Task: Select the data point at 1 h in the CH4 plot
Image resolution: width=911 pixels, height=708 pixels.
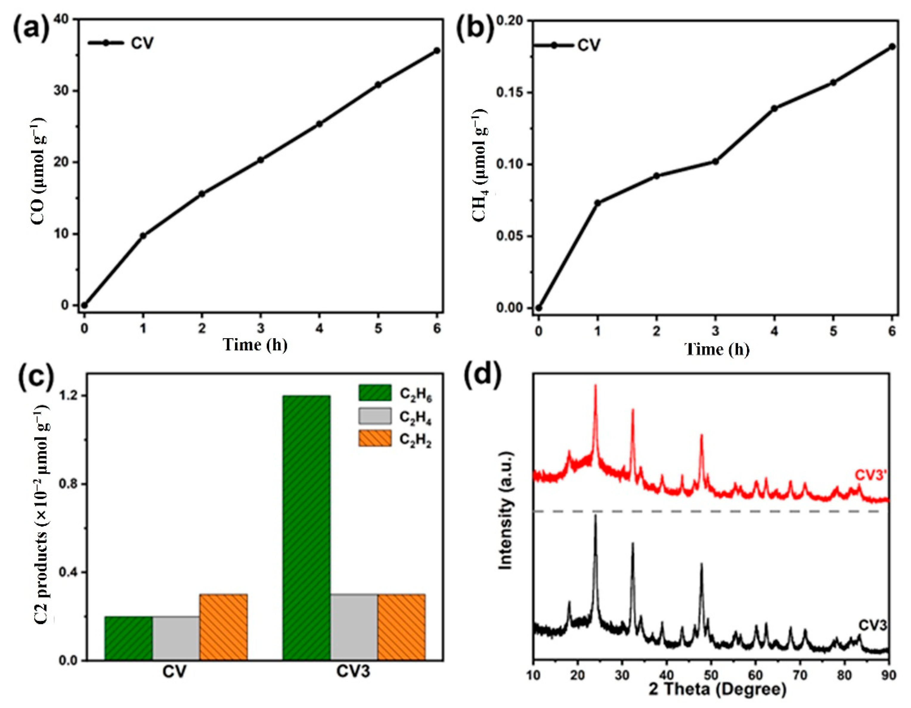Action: [597, 203]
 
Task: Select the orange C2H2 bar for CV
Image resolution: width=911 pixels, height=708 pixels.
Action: [224, 627]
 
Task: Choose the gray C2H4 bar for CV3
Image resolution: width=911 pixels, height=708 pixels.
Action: [354, 627]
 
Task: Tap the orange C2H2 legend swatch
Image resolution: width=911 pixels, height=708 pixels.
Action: [375, 439]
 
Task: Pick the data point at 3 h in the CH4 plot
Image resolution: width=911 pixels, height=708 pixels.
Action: [715, 162]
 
